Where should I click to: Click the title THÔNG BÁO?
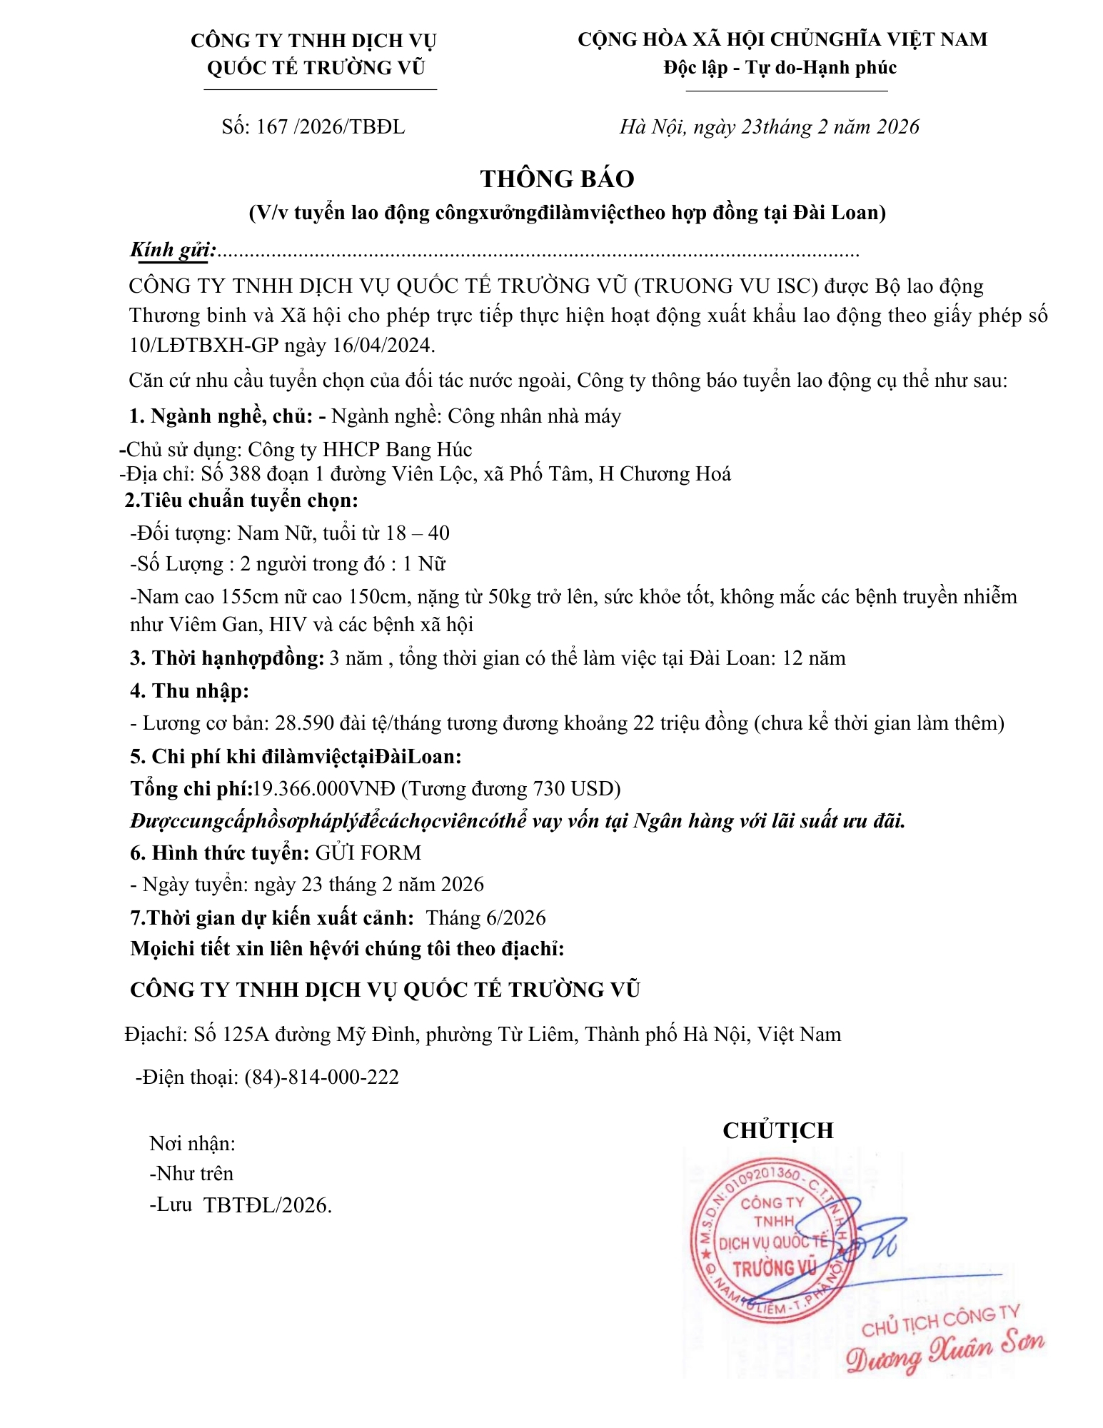pos(557,178)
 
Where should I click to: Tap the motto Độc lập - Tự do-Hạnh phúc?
pos(780,68)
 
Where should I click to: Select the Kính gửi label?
pos(172,250)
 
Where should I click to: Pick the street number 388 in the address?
pos(244,474)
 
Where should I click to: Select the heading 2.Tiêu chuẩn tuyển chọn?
pos(241,500)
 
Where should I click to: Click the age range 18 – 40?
pos(418,533)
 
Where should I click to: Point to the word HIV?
pos(290,625)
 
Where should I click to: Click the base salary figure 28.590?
pos(305,723)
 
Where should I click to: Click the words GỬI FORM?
pos(368,853)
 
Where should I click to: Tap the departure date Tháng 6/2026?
pos(485,917)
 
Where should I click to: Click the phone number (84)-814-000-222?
pos(321,1077)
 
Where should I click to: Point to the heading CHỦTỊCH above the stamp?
pos(777,1130)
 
